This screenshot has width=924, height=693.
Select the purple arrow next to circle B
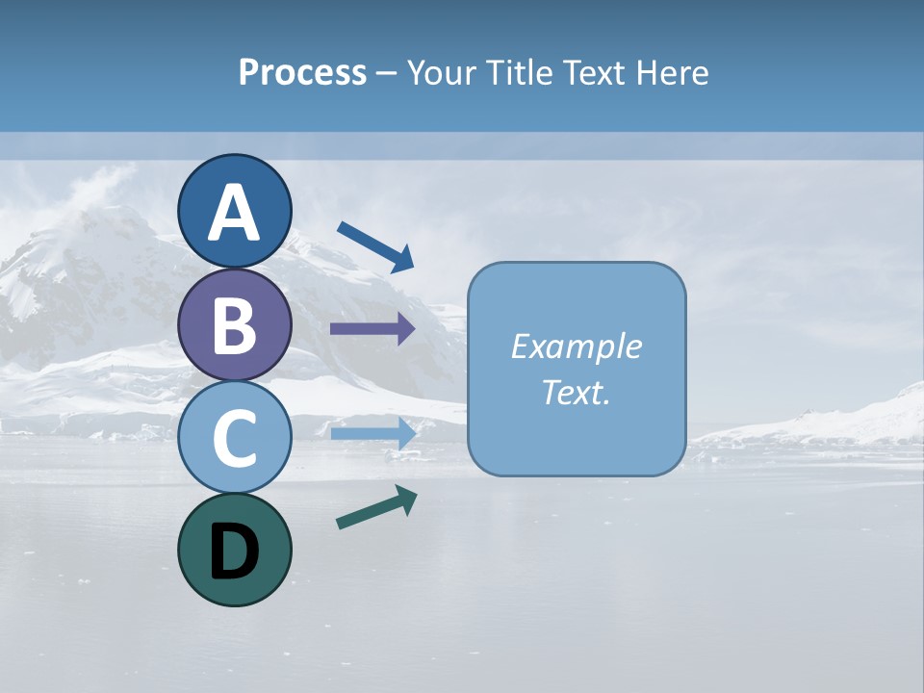click(x=372, y=329)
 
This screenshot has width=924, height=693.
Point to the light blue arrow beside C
click(x=373, y=433)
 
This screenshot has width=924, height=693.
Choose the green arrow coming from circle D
click(x=376, y=507)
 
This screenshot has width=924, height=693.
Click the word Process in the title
click(x=302, y=73)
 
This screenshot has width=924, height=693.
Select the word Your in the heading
click(x=437, y=73)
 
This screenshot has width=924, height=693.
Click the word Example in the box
click(x=576, y=346)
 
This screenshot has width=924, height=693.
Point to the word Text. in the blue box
click(x=576, y=393)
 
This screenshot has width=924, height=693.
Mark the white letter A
click(x=235, y=213)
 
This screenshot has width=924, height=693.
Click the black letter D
click(x=235, y=552)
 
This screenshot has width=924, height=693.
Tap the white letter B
click(x=235, y=325)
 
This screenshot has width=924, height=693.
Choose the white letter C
click(x=235, y=439)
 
